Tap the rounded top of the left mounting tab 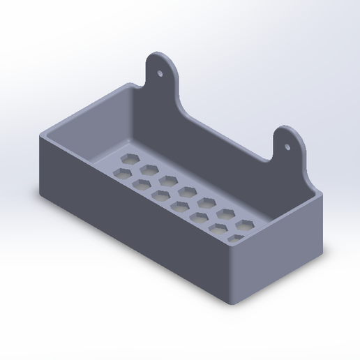(x=161, y=56)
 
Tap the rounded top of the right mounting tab (x=288, y=130)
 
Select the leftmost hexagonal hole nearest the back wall (x=128, y=159)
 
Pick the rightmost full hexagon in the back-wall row (x=246, y=225)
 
